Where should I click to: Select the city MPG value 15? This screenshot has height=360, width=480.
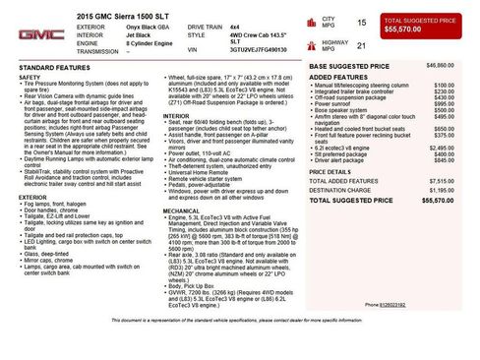click(361, 21)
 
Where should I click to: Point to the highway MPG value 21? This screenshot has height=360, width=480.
click(361, 45)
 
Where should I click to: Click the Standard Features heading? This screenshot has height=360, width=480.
click(56, 68)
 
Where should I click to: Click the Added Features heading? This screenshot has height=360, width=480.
click(338, 77)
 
